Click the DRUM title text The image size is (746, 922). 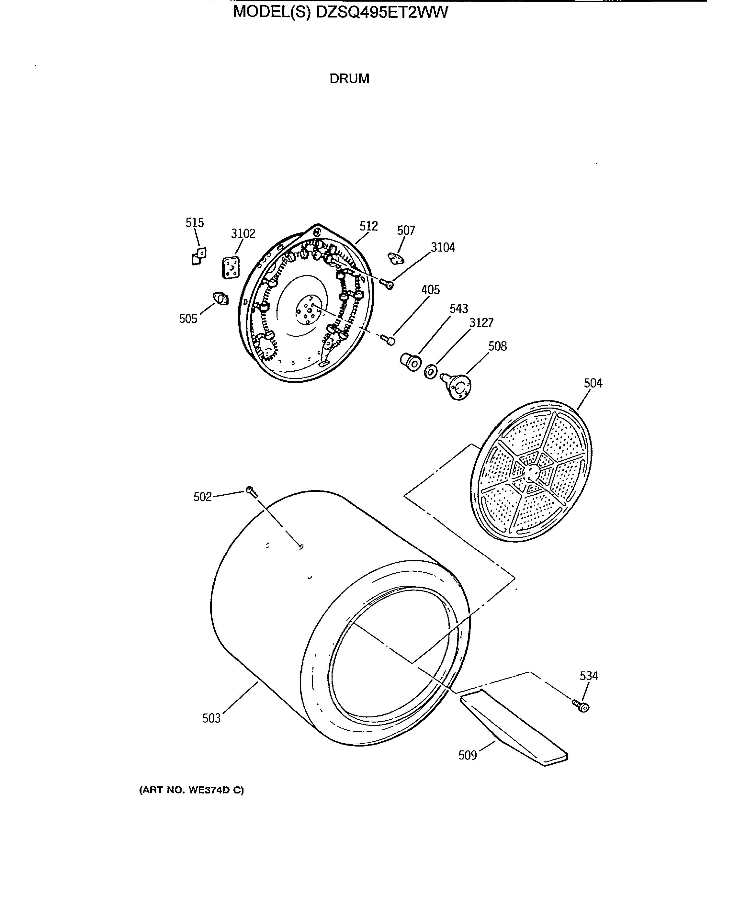pyautogui.click(x=349, y=79)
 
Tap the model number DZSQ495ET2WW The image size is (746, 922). pyautogui.click(x=382, y=12)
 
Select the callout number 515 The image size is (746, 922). pyautogui.click(x=194, y=222)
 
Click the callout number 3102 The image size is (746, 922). pyautogui.click(x=243, y=234)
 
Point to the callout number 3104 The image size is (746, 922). pyautogui.click(x=443, y=247)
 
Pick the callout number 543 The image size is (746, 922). pyautogui.click(x=458, y=309)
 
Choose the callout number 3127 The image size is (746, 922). pyautogui.click(x=481, y=323)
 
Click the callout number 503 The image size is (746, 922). pyautogui.click(x=211, y=718)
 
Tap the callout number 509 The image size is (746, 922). pyautogui.click(x=468, y=755)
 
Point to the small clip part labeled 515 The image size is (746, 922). pyautogui.click(x=198, y=256)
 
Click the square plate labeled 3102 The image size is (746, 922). pyautogui.click(x=231, y=268)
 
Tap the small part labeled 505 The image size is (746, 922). pyautogui.click(x=221, y=298)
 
